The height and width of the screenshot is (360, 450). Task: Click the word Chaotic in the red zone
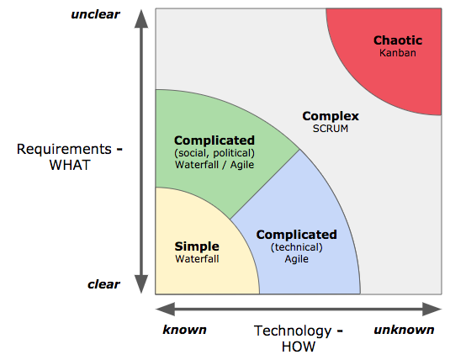pos(398,40)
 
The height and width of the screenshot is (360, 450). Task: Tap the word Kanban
pos(398,53)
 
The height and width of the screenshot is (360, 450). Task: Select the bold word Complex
pos(331,116)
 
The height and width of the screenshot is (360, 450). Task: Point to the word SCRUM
pos(331,129)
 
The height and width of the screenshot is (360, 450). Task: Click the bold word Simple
pos(197,246)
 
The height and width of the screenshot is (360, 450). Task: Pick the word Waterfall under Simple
pos(197,259)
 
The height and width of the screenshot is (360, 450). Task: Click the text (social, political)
pos(214,153)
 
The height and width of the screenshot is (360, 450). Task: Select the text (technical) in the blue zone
pos(296,247)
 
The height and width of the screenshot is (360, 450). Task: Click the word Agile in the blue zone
pos(296,259)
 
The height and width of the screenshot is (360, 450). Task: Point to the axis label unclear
pos(95,14)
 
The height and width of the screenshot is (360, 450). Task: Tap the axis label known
pos(184,330)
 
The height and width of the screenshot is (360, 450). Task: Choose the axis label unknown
pos(404,330)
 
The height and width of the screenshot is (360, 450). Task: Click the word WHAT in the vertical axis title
pos(70,165)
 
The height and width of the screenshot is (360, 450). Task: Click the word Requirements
pos(64,150)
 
